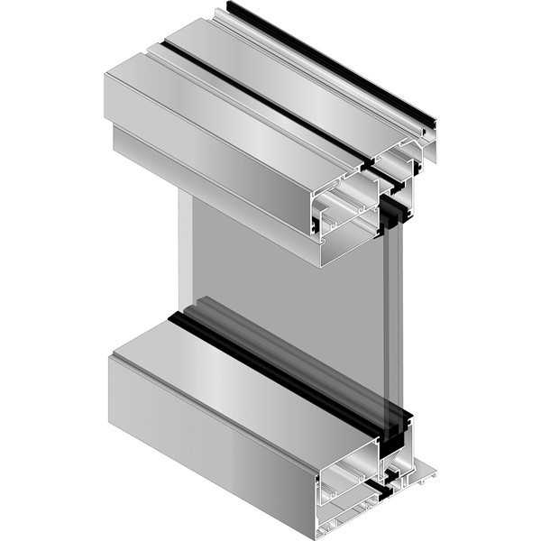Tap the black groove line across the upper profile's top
[270, 98]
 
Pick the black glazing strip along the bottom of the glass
[270, 361]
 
